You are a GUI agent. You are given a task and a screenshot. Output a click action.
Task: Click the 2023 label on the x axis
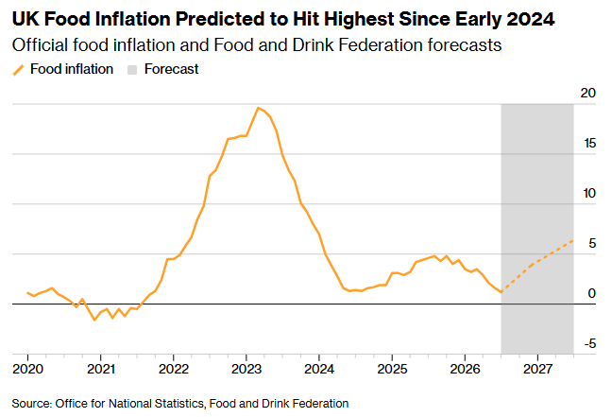click(246, 369)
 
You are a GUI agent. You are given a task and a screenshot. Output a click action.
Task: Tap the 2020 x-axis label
click(27, 369)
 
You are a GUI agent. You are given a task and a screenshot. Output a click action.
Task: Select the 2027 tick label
click(537, 369)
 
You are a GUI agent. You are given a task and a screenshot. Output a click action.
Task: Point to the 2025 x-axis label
click(392, 369)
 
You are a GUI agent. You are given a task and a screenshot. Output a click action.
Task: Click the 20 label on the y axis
click(588, 93)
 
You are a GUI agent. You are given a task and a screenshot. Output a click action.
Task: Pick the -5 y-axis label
click(590, 343)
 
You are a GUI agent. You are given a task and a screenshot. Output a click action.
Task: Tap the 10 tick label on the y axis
click(589, 193)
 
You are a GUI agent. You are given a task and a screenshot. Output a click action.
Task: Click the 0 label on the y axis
click(592, 293)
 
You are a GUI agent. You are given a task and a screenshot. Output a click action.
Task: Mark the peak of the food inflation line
click(258, 108)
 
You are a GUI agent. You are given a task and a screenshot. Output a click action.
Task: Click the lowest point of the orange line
click(94, 320)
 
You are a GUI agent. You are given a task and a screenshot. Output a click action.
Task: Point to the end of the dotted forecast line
click(573, 240)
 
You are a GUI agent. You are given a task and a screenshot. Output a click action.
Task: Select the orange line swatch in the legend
click(18, 70)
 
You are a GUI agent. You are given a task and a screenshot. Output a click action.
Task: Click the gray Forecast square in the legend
click(132, 70)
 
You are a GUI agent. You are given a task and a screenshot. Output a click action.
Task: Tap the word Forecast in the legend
click(171, 69)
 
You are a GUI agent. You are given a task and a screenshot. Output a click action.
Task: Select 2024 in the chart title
click(531, 19)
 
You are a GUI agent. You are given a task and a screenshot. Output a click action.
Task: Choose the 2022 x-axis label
click(174, 369)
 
